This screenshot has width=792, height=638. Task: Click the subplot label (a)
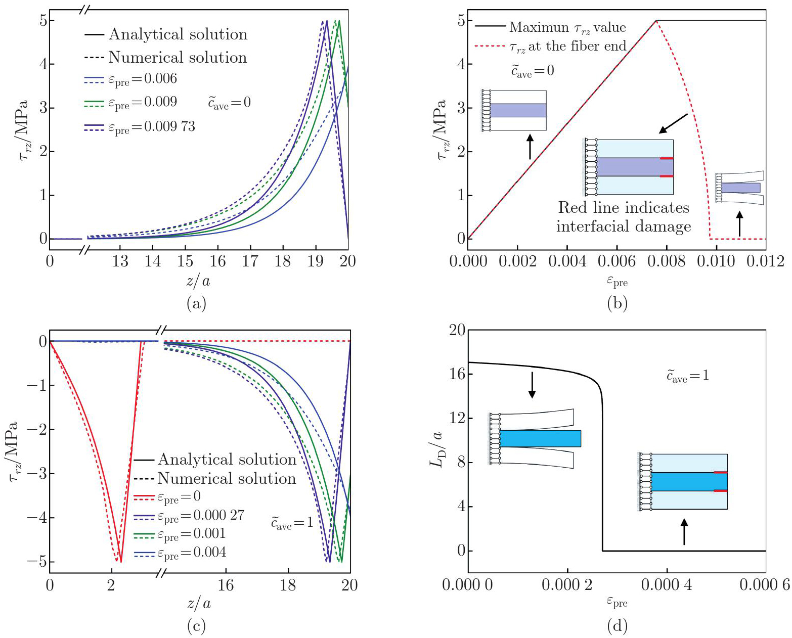196,303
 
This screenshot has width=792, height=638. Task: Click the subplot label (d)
617,626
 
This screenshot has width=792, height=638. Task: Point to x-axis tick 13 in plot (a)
120,261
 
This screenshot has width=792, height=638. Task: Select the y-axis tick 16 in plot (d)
457,374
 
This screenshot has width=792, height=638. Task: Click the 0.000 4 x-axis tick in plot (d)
666,585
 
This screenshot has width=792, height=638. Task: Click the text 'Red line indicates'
624,208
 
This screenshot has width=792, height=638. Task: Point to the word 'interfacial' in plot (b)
597,226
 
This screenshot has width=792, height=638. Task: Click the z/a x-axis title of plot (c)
199,603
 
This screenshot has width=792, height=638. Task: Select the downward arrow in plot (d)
532,385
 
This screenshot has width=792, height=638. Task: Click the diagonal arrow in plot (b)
673,123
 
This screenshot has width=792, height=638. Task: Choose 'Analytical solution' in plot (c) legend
227,460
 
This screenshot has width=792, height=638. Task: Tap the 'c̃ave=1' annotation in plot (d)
687,376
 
